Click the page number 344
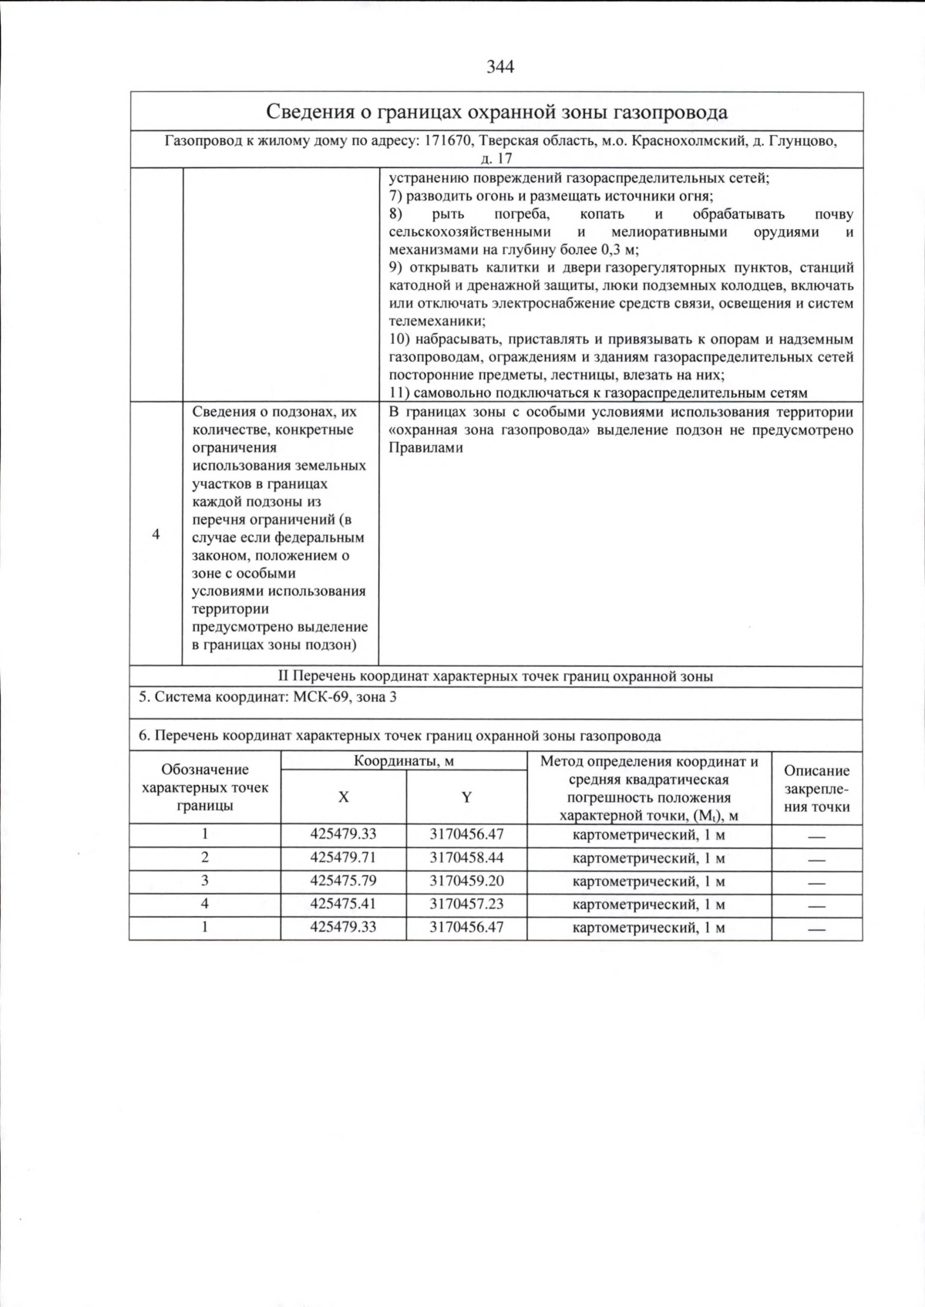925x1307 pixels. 500,66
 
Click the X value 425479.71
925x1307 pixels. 343,857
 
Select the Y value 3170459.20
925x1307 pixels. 466,881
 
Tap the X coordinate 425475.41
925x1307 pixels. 343,904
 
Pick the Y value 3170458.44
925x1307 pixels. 466,857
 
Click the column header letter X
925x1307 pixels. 343,797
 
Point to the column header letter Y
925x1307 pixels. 466,797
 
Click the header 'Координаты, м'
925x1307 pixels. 403,761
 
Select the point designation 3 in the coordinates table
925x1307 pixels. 204,881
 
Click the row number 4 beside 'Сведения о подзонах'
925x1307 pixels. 156,534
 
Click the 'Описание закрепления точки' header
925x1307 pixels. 816,788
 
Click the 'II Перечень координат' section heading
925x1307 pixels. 495,676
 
